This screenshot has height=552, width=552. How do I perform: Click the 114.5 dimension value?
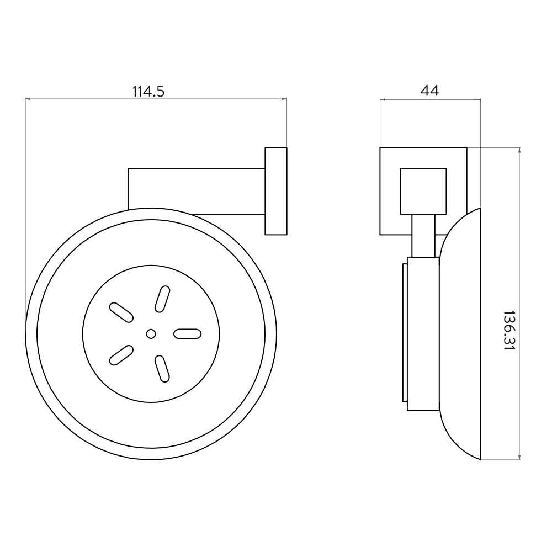point(148,92)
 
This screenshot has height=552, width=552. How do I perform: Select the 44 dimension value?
point(429,91)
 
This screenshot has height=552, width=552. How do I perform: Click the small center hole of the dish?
point(151,334)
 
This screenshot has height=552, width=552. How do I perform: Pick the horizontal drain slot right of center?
point(188,334)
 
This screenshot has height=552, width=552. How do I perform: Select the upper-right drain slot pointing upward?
point(162,299)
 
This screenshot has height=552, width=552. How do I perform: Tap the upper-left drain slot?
point(121,312)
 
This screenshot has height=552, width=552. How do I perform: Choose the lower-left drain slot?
point(121,355)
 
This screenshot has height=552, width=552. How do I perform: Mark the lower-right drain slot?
point(162,369)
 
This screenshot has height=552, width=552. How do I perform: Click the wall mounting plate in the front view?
point(276,191)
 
